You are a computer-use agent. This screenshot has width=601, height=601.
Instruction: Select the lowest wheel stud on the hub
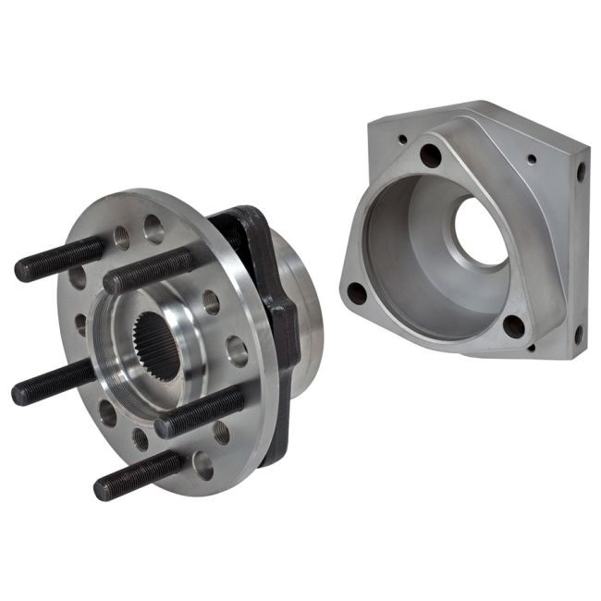coord(139,477)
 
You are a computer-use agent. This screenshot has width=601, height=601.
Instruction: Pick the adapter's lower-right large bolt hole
coord(514,325)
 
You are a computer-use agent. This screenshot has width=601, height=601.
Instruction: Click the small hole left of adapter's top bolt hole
coord(402,141)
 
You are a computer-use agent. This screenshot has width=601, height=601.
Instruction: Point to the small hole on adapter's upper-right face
coord(532,159)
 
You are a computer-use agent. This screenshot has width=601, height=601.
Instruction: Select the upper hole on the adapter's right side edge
coord(581,171)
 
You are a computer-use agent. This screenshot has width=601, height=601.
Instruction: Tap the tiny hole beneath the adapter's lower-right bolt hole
coord(531,349)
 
